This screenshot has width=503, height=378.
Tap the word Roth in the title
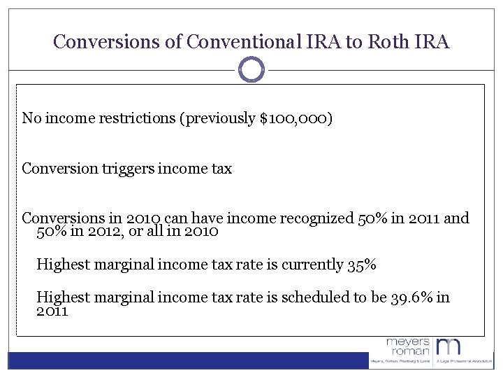(x=386, y=42)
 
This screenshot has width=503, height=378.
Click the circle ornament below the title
(x=251, y=69)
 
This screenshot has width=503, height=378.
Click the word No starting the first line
(x=31, y=118)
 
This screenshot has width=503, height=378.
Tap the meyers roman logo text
(x=409, y=346)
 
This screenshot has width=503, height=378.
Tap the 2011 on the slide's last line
(x=52, y=311)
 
